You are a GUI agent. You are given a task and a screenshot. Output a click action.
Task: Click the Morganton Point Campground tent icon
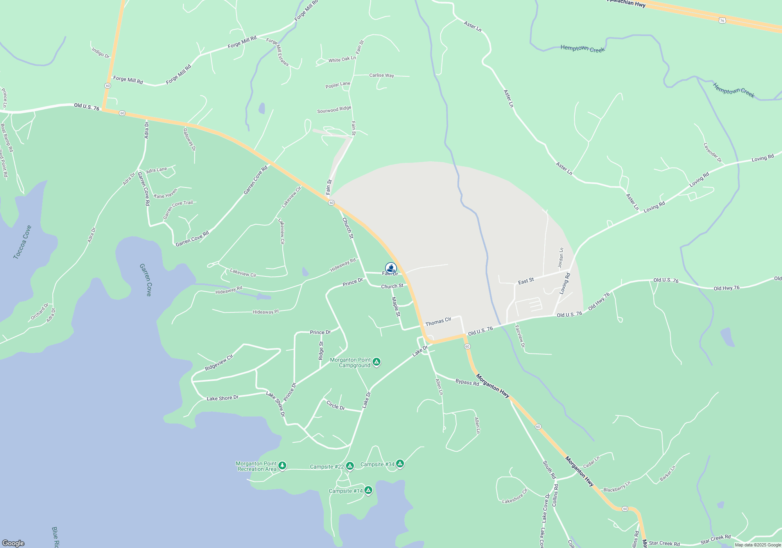(x=377, y=362)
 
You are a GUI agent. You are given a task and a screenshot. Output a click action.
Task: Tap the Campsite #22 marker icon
(x=350, y=466)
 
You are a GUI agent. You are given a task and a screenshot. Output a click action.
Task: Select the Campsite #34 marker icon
(x=400, y=464)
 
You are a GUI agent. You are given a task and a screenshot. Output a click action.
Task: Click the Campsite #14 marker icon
(x=368, y=490)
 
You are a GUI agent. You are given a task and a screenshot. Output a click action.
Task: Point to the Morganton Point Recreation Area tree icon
(x=282, y=465)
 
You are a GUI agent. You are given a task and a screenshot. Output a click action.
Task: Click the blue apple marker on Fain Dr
(x=391, y=268)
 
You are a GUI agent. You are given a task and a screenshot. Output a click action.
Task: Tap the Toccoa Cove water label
(x=22, y=242)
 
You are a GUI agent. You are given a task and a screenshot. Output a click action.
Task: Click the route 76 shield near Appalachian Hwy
(x=722, y=20)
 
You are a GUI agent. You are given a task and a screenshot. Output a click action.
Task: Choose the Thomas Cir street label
(x=438, y=321)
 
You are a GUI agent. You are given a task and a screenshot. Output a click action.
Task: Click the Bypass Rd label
(x=467, y=382)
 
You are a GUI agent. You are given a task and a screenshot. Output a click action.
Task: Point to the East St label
(x=526, y=281)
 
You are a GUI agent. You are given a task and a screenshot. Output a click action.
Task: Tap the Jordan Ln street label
(x=561, y=258)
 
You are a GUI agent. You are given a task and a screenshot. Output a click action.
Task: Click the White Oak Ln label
(x=342, y=59)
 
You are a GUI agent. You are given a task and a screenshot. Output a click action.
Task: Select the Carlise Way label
(x=382, y=75)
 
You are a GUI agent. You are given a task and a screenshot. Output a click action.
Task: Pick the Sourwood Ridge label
(x=334, y=110)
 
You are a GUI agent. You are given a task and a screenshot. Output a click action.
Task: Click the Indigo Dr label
(x=100, y=52)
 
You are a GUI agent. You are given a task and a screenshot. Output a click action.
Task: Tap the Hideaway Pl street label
(x=265, y=312)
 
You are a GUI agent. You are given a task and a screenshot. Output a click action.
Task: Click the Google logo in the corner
(x=13, y=543)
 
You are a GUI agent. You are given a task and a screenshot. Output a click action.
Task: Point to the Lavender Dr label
(x=712, y=153)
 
